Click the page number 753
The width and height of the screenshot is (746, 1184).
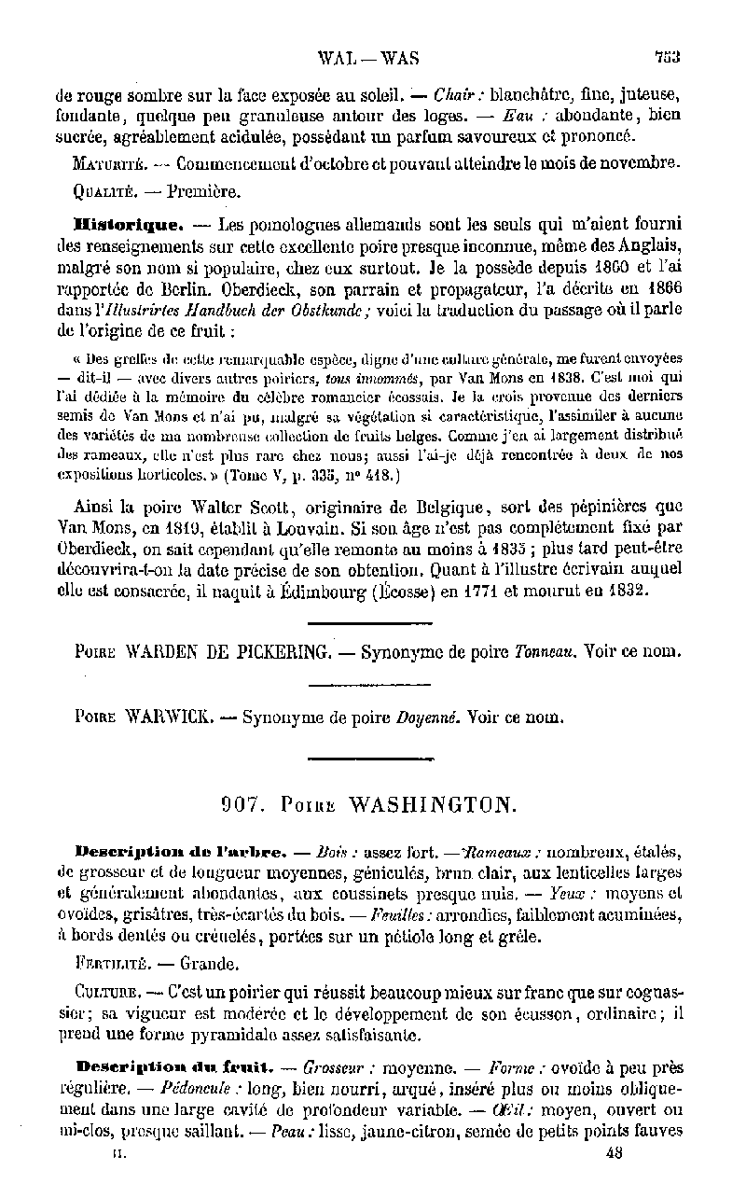coord(667,58)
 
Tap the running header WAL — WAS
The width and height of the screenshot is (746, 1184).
coord(368,58)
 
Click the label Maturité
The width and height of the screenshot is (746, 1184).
coord(107,163)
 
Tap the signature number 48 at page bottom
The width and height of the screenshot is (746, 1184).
coord(614,1152)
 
